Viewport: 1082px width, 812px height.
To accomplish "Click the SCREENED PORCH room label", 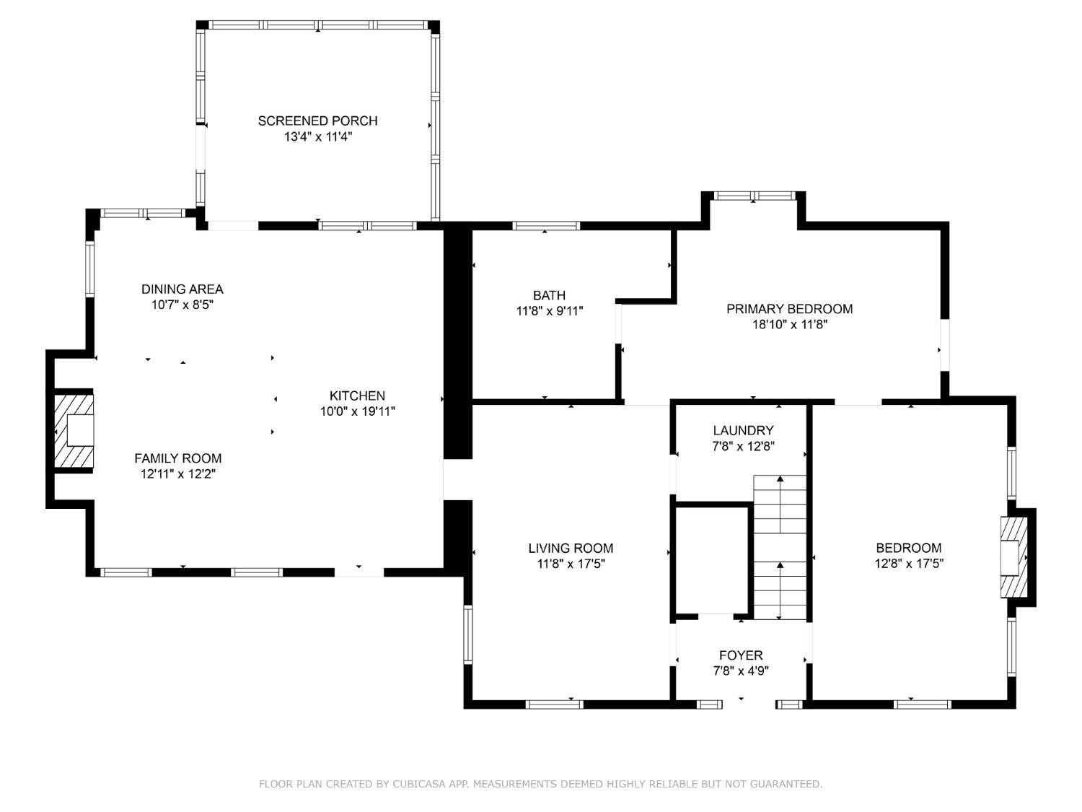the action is pyautogui.click(x=317, y=121).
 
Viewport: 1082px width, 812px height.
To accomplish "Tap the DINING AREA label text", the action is pyautogui.click(x=182, y=289).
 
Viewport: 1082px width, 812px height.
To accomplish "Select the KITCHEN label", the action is pyautogui.click(x=357, y=396).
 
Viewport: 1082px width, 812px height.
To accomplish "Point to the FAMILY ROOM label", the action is pyautogui.click(x=178, y=458).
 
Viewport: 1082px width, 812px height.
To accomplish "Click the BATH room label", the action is pyautogui.click(x=549, y=295).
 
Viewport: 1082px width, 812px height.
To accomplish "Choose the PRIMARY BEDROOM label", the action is pyautogui.click(x=790, y=309).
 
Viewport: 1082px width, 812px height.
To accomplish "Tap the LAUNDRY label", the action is pyautogui.click(x=743, y=430).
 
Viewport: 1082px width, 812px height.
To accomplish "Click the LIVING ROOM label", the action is pyautogui.click(x=571, y=548).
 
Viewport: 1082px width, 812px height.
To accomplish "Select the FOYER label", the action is pyautogui.click(x=741, y=655).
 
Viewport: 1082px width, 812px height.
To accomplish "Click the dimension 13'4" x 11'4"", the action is pyautogui.click(x=318, y=137).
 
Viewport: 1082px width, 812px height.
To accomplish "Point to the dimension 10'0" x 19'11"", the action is pyautogui.click(x=358, y=411).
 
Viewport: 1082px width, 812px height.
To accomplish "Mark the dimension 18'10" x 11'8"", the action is pyautogui.click(x=790, y=324).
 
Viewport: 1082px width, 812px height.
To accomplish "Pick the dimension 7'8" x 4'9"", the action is pyautogui.click(x=741, y=671).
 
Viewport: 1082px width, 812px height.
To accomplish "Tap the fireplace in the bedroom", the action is pyautogui.click(x=1014, y=557).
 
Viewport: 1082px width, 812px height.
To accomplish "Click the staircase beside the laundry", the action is pyautogui.click(x=780, y=547).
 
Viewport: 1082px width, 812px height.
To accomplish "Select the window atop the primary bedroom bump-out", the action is pyautogui.click(x=754, y=196).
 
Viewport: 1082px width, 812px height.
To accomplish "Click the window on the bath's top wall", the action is pyautogui.click(x=545, y=226).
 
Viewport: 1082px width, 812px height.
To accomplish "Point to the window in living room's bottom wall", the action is pyautogui.click(x=555, y=704).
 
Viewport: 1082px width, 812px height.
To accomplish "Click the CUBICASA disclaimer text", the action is pyautogui.click(x=540, y=784).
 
